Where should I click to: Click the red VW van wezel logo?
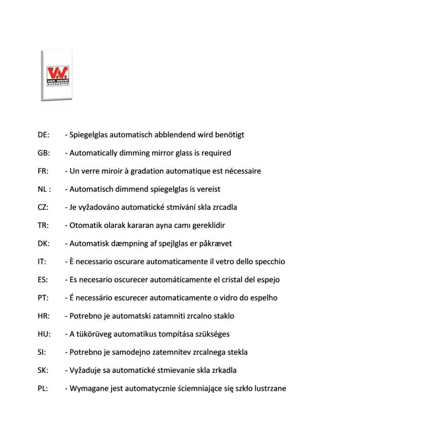[x=57, y=75]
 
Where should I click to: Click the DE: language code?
[x=43, y=135]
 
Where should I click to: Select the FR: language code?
[x=43, y=171]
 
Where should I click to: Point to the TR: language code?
[x=43, y=225]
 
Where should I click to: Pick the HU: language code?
[x=44, y=334]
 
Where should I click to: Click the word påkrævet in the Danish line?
[x=216, y=244]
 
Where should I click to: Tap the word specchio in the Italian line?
[x=270, y=261]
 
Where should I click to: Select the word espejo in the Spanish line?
[x=268, y=280]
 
